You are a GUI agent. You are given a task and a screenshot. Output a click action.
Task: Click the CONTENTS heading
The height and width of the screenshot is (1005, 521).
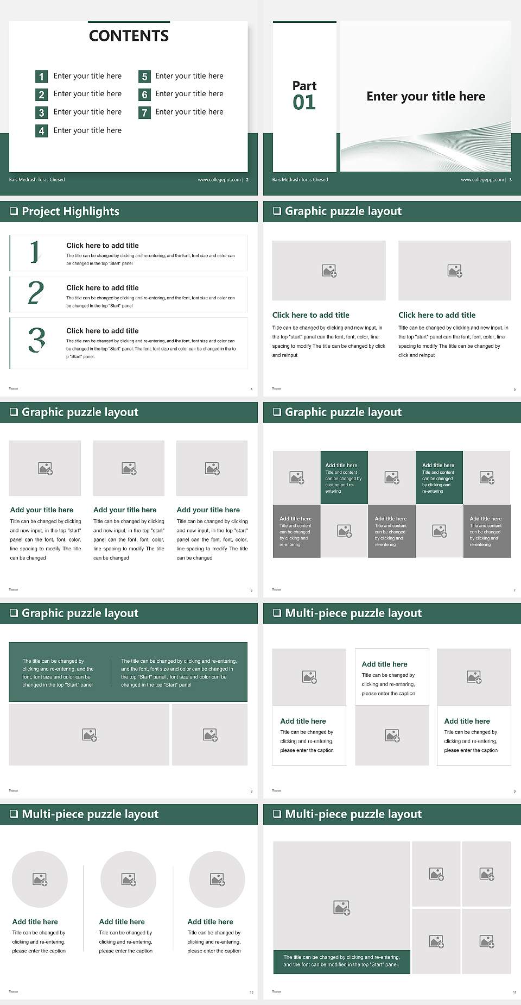(x=129, y=36)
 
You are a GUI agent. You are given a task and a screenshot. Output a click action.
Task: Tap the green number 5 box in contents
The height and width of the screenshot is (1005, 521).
(x=144, y=77)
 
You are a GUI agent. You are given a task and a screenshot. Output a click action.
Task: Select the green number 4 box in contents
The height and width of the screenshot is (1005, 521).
(x=41, y=131)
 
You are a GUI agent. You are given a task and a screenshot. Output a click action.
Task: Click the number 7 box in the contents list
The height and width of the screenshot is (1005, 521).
(x=144, y=112)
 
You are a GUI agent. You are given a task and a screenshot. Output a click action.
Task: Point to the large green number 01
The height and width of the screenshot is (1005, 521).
(x=304, y=102)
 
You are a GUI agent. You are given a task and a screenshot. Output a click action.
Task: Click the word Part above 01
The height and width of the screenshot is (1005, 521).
(x=304, y=86)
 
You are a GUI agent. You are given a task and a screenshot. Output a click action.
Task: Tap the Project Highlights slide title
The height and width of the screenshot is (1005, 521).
(x=70, y=211)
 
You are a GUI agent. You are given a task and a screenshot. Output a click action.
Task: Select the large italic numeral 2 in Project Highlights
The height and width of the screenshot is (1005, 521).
(x=36, y=293)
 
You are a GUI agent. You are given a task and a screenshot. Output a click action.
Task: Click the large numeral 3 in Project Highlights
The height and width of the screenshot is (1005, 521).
(x=37, y=341)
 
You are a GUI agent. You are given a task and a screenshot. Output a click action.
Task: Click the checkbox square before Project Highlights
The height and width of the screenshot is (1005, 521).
(x=14, y=211)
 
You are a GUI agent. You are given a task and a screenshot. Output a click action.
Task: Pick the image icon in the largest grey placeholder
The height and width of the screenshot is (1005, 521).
(x=341, y=908)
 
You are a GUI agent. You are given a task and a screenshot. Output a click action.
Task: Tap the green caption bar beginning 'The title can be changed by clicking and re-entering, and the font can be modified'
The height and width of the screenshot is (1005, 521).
(x=341, y=961)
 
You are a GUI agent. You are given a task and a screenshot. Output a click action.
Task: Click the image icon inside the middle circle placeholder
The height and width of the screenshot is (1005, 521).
(x=129, y=879)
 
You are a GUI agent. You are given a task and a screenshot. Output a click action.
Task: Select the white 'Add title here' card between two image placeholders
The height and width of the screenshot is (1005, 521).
(x=392, y=677)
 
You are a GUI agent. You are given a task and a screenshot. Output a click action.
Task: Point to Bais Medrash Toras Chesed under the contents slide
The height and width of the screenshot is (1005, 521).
(x=37, y=180)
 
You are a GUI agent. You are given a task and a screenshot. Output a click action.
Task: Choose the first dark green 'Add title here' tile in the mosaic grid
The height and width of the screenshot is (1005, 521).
(x=344, y=477)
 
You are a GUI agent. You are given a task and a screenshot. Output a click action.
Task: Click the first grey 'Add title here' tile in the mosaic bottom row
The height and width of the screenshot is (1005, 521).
(x=296, y=531)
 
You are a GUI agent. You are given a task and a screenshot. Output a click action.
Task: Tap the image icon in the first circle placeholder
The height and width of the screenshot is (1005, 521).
(x=40, y=879)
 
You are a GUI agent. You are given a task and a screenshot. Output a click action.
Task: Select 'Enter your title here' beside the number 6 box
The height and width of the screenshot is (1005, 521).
(x=189, y=94)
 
